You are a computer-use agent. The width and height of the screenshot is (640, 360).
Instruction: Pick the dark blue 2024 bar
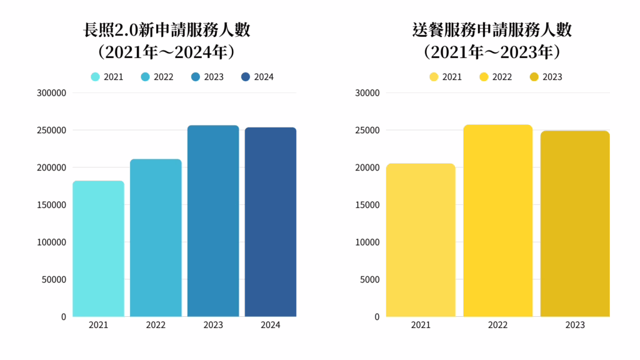(271, 222)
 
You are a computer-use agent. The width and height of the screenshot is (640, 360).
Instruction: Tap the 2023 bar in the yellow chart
(574, 223)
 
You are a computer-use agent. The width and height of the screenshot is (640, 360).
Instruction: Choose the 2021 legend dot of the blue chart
(95, 77)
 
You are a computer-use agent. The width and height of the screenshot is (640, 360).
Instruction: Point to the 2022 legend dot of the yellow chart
(484, 77)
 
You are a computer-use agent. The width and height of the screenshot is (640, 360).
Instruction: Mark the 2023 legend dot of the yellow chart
(534, 77)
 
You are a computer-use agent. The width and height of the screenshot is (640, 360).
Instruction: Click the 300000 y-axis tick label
(52, 93)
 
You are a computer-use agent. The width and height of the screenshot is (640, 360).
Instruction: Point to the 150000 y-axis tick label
(52, 205)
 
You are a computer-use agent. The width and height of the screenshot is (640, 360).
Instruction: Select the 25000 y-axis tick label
(368, 131)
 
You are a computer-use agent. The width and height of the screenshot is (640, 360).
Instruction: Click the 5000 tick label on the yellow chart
(370, 279)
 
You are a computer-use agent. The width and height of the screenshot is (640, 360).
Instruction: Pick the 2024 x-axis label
(271, 325)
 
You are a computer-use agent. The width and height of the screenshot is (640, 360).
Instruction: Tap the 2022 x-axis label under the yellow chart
(497, 325)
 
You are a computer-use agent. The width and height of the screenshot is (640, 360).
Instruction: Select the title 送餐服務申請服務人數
(492, 29)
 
